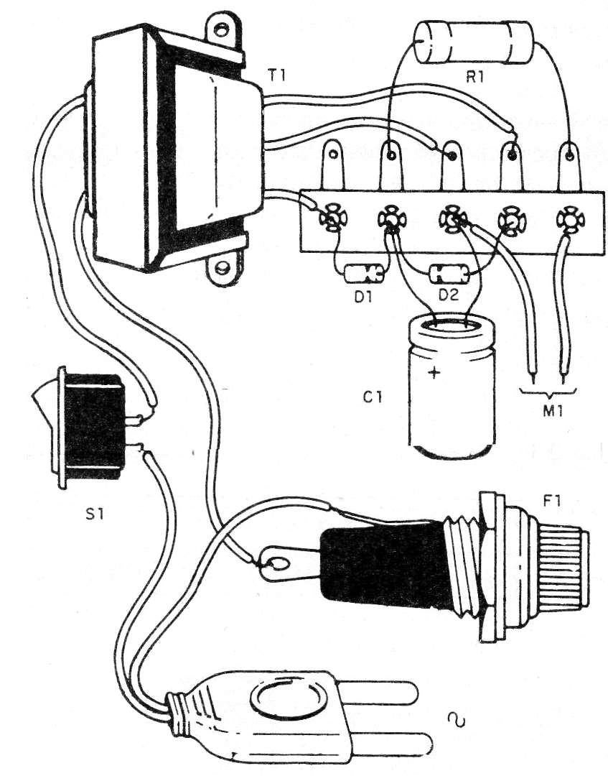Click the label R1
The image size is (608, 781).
[474, 77]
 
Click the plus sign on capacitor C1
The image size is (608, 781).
[434, 373]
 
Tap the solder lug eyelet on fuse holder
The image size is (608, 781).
[276, 563]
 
